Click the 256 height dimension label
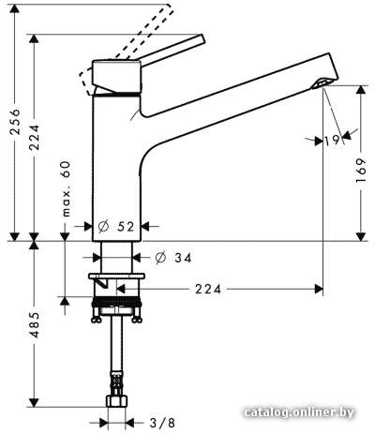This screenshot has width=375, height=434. point(15,122)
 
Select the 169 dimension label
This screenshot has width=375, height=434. point(361,171)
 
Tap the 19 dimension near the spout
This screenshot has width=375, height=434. point(332,141)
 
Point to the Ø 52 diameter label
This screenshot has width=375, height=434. point(116,227)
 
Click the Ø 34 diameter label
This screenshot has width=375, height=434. point(173,258)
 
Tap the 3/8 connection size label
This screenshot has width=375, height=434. point(162,423)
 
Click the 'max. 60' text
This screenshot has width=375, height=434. point(66,188)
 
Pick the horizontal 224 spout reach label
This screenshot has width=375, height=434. point(208,290)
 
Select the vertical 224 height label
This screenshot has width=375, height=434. point(34,137)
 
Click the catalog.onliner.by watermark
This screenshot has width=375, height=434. point(299,412)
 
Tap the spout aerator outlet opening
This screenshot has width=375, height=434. point(322,83)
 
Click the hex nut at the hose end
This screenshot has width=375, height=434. point(116,401)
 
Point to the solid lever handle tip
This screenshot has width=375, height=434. point(202,39)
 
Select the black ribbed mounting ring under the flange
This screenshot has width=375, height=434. point(116,304)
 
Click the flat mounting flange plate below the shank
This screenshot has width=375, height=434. point(116,277)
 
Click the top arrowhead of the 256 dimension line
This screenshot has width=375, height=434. point(15,9)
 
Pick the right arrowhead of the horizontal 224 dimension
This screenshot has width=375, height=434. point(319,289)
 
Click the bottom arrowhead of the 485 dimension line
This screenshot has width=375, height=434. point(34,402)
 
